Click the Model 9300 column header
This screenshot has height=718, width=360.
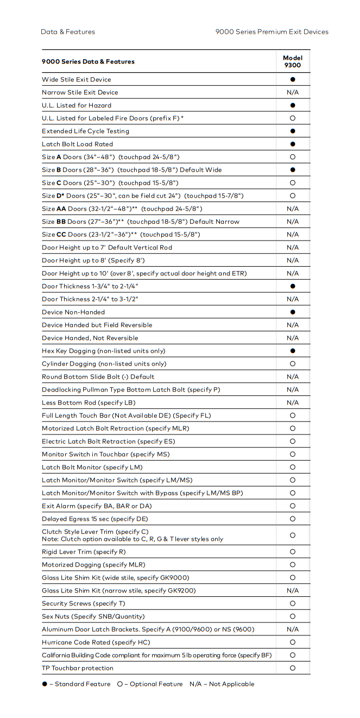click(x=293, y=61)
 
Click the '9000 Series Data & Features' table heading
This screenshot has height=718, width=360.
click(x=88, y=62)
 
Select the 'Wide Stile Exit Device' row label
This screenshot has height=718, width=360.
click(x=77, y=80)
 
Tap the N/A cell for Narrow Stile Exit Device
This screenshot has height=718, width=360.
click(x=293, y=92)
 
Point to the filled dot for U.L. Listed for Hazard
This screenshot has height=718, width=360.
click(x=293, y=105)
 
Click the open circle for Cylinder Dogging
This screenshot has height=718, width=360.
click(x=293, y=364)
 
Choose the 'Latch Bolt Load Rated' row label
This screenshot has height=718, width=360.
click(x=78, y=144)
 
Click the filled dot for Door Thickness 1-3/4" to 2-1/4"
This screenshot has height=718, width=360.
click(x=293, y=286)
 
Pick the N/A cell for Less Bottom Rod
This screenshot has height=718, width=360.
click(x=293, y=402)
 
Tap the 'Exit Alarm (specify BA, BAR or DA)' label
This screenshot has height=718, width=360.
click(x=97, y=506)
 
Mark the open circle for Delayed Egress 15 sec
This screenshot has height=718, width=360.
click(x=293, y=519)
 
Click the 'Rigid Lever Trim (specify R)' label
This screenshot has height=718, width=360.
click(x=84, y=552)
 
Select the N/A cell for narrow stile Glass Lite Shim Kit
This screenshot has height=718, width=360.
click(x=293, y=590)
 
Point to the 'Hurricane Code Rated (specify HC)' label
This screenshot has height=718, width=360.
click(x=96, y=643)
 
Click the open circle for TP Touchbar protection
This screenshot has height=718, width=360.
click(x=293, y=668)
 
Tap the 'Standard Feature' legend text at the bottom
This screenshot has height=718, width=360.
click(x=83, y=684)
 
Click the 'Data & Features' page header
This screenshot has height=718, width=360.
click(x=68, y=32)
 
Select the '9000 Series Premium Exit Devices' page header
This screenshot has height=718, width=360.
click(x=271, y=32)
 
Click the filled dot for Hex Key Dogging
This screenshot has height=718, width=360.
click(x=293, y=351)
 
